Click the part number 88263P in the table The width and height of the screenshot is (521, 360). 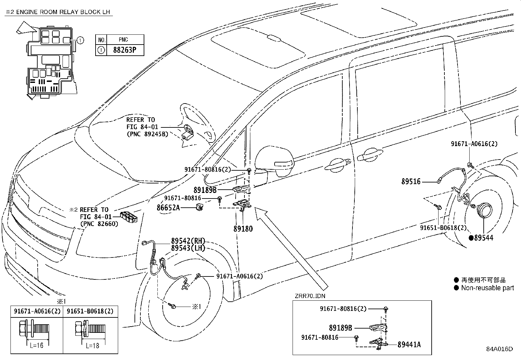point(125,50)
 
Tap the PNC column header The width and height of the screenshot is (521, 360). point(123,40)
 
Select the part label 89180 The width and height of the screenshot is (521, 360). point(243,229)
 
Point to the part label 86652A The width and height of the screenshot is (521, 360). point(168,207)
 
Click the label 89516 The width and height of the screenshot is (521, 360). point(411,181)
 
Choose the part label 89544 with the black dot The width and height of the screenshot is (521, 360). point(481,238)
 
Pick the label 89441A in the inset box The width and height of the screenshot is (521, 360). point(409,344)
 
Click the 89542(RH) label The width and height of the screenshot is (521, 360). point(188,241)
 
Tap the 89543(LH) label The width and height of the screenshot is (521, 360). point(188,248)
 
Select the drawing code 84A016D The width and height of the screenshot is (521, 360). point(499,349)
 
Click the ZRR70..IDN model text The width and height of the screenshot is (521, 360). point(310,296)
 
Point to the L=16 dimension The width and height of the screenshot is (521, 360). point(37,345)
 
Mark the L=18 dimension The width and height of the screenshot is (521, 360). point(93,346)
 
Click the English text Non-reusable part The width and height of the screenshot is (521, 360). point(488,288)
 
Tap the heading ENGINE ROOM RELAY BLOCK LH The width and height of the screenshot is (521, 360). point(63,12)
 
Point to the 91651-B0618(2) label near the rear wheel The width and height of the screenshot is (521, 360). point(443,228)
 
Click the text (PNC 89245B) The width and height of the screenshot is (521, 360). point(148,134)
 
